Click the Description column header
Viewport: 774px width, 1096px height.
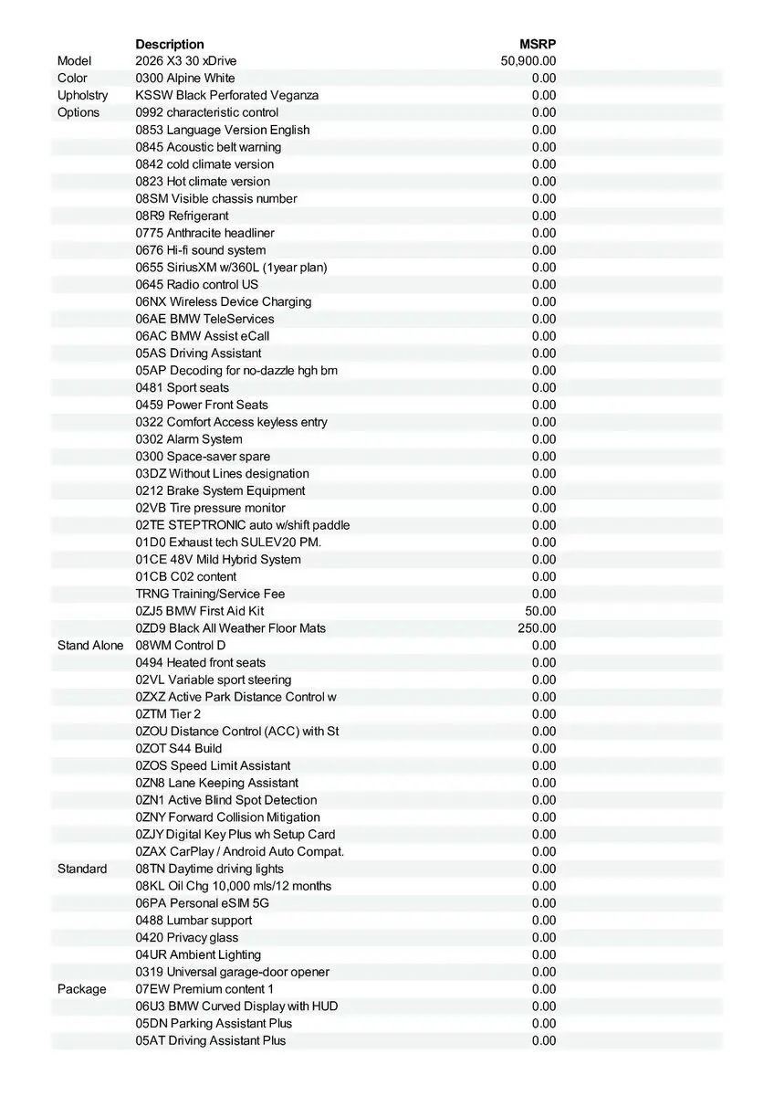(x=170, y=44)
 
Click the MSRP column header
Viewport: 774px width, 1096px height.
(x=538, y=44)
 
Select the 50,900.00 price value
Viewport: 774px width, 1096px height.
(x=528, y=61)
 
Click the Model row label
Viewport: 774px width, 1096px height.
(x=75, y=61)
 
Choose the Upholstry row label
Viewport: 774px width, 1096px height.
(x=82, y=95)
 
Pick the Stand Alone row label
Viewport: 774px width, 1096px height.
(x=90, y=646)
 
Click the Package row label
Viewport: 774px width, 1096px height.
(x=81, y=989)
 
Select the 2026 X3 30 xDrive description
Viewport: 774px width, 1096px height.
(x=185, y=61)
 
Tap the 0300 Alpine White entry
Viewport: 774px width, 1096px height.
(x=185, y=79)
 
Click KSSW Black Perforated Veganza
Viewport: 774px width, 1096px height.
(x=227, y=95)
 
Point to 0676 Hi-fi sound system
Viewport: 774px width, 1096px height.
(x=201, y=250)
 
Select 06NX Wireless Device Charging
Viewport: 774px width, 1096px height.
(x=224, y=301)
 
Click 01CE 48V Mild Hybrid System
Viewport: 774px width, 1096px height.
(x=218, y=560)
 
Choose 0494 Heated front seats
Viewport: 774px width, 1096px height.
(x=201, y=663)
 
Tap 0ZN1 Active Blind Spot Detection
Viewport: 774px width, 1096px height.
(x=226, y=800)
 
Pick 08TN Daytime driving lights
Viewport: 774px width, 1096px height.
(x=210, y=869)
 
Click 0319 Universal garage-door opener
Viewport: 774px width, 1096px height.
(x=233, y=972)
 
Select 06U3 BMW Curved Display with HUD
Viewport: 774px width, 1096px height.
(x=236, y=1006)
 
